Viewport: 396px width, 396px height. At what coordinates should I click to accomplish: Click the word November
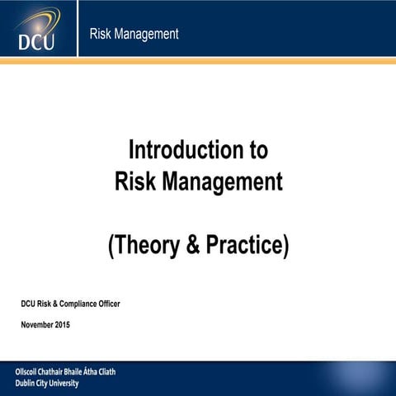click(x=38, y=325)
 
